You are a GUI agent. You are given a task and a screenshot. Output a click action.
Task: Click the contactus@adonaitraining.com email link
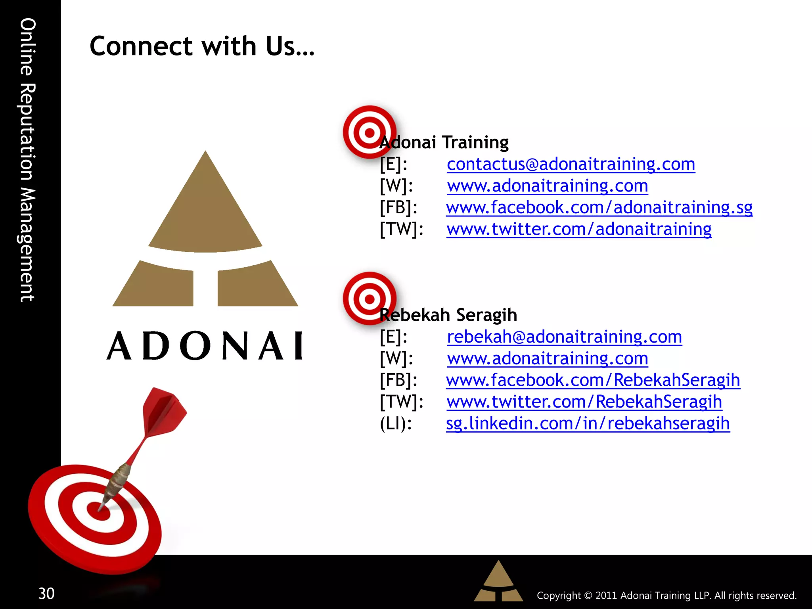click(571, 164)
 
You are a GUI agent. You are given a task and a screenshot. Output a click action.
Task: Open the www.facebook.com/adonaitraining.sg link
click(599, 207)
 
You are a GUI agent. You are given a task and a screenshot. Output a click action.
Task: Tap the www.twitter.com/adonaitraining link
click(578, 229)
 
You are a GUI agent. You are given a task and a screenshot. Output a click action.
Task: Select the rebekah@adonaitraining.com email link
click(564, 337)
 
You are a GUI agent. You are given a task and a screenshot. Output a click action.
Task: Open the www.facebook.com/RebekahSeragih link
click(593, 380)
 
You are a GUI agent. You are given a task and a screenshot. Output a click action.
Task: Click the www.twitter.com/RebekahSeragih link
click(584, 402)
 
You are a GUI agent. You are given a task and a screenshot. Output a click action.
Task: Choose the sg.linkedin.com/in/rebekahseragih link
click(588, 423)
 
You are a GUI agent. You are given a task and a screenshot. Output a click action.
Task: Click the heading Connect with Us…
click(202, 46)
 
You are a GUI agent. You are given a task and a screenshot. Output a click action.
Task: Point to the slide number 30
click(46, 594)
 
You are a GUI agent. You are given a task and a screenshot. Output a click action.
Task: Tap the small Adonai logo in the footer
click(498, 581)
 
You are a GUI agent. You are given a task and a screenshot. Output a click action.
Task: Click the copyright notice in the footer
click(666, 596)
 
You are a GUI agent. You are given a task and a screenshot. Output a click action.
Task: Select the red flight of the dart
click(163, 412)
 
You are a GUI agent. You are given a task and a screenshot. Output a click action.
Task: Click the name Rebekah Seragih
click(448, 315)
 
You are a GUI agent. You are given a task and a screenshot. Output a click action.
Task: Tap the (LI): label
click(396, 423)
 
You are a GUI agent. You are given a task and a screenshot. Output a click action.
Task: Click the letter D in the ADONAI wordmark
click(156, 346)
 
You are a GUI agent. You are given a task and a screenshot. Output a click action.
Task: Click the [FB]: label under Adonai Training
click(398, 207)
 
